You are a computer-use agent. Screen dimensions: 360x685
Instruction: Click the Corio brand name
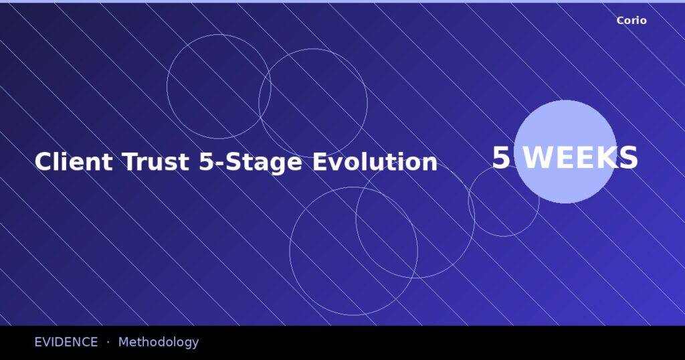(631, 21)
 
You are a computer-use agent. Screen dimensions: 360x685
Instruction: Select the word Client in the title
(74, 162)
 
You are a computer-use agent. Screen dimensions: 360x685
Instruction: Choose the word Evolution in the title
(375, 162)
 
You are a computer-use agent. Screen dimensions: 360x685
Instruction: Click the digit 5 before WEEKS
(500, 159)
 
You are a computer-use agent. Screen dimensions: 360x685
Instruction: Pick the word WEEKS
(580, 159)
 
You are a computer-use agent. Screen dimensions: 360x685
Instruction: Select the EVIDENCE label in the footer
(66, 342)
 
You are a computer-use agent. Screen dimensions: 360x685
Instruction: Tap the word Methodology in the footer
(159, 342)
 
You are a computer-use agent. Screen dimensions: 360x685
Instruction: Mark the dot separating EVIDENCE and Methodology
(108, 342)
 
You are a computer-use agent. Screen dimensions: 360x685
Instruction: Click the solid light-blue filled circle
(565, 127)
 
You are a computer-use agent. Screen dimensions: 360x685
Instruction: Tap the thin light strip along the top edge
(342, 1)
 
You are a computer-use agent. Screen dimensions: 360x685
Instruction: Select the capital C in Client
(43, 162)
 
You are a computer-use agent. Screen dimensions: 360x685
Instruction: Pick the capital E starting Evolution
(320, 162)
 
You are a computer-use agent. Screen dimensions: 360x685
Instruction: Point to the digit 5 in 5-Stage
(205, 162)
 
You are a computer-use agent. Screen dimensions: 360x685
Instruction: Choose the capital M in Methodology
(124, 342)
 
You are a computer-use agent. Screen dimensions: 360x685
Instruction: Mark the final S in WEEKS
(627, 159)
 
